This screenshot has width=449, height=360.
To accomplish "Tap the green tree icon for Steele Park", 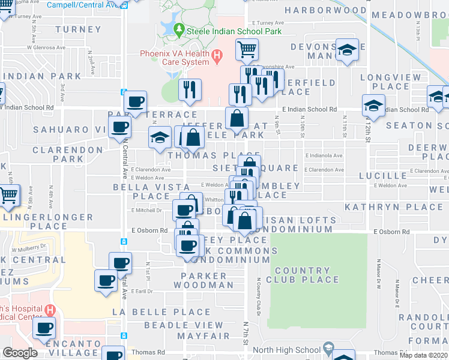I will (x=179, y=28).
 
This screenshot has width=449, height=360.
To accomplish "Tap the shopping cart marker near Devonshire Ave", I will (x=247, y=49).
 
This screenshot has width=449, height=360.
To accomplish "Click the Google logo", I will (x=20, y=352).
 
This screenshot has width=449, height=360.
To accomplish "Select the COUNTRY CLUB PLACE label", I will (x=303, y=275).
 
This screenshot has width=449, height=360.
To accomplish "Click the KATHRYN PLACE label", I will (x=393, y=207).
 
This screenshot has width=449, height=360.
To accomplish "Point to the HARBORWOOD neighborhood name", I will (x=325, y=11).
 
